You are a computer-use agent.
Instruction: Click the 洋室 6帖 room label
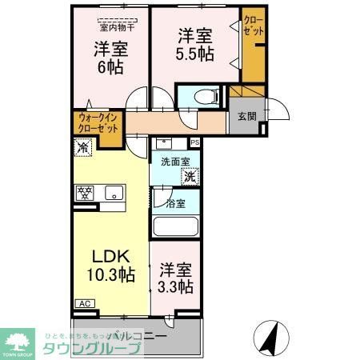coord(110,58)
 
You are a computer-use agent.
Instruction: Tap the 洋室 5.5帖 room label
coord(194,46)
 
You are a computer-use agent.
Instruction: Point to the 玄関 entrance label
coord(246,116)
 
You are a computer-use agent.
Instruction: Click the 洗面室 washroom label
coord(173,162)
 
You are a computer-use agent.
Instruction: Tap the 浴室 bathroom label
coord(175,203)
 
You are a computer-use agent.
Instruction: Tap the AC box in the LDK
coord(83,303)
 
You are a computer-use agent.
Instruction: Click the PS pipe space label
coord(194,142)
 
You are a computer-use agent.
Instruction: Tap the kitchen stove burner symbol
coord(84,192)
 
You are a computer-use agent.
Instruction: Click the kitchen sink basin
coord(114,193)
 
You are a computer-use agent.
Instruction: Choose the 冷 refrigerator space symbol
coord(82,147)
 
